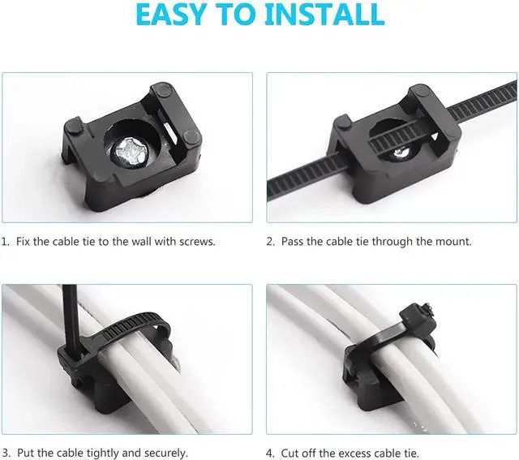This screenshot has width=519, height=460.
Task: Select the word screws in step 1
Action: [x=195, y=242]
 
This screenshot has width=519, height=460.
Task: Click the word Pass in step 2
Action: [x=294, y=242]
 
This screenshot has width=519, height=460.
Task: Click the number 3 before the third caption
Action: [x=5, y=453]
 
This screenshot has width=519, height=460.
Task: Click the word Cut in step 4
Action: [x=291, y=453]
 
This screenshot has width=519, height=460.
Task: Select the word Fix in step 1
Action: [x=22, y=242]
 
